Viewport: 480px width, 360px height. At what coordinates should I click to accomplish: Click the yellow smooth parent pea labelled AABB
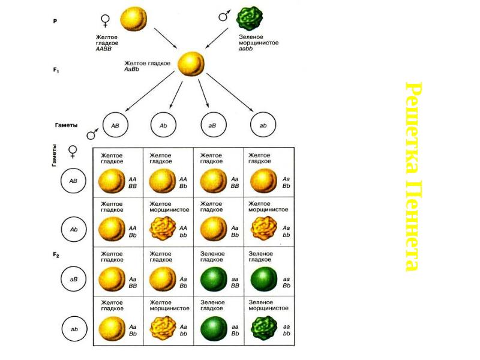tap(133, 19)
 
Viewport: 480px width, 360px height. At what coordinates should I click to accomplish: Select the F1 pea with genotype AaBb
tap(191, 63)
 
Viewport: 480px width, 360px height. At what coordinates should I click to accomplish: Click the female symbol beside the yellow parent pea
tap(106, 20)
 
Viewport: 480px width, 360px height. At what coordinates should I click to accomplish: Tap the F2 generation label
tap(56, 255)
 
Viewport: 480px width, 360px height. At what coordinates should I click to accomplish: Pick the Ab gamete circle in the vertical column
tap(74, 229)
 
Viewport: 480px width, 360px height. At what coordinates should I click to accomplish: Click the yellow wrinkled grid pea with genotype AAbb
tap(160, 229)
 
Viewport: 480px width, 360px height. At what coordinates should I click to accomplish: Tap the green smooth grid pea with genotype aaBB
tap(212, 279)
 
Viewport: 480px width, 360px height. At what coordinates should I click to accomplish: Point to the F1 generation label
tap(56, 70)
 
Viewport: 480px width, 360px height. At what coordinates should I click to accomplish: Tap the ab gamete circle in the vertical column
tap(74, 329)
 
